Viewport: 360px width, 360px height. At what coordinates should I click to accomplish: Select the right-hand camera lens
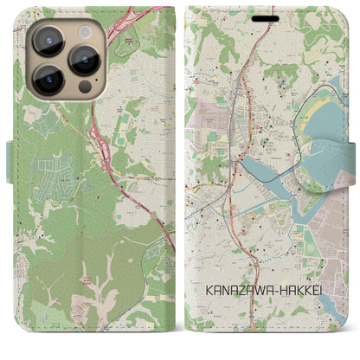click(84, 60)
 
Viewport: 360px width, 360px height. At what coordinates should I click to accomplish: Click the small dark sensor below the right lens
click(84, 88)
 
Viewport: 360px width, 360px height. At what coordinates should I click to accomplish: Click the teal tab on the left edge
click(10, 161)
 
